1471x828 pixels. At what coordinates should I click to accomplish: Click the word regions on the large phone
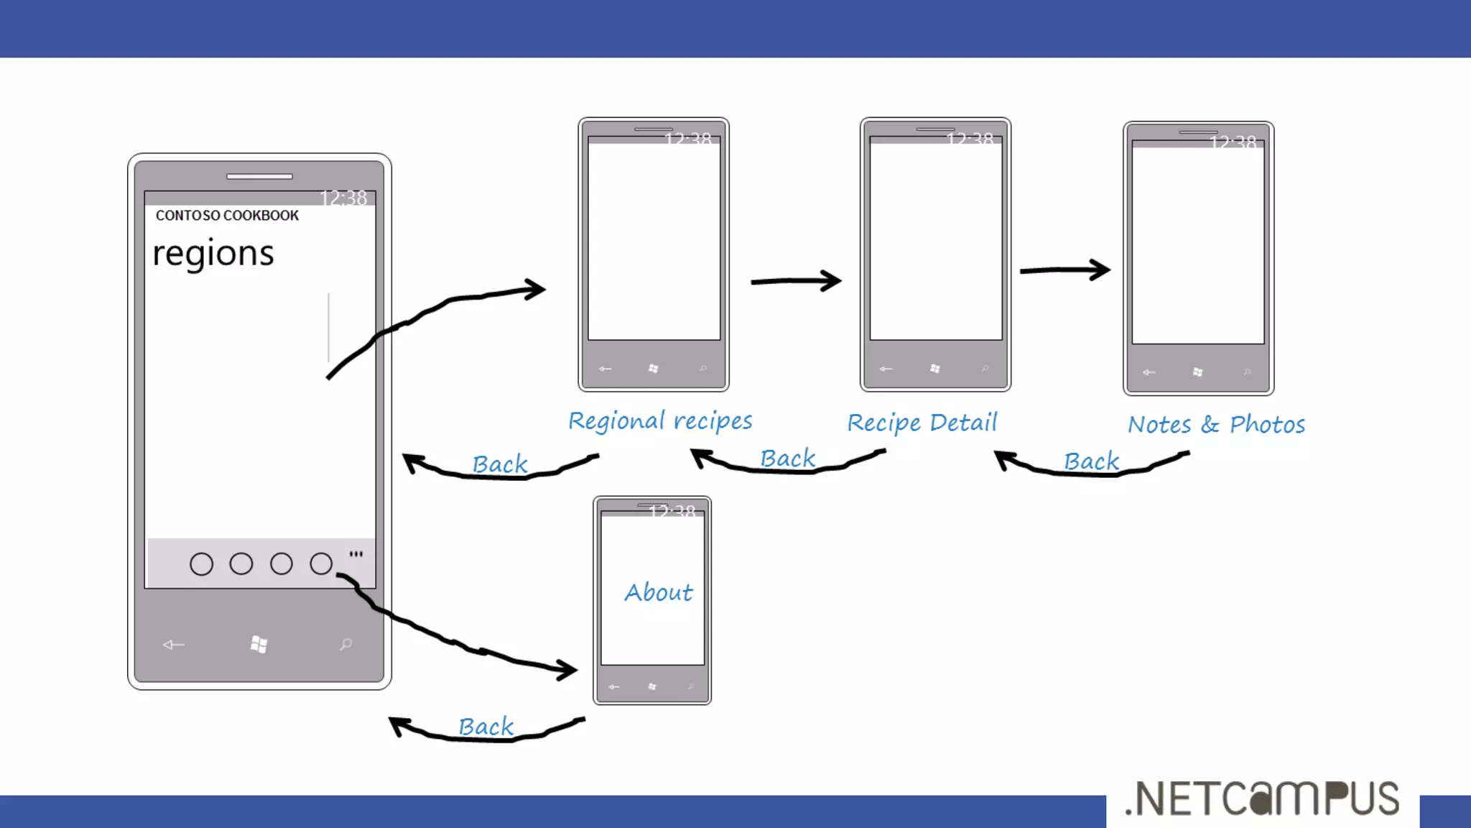(213, 254)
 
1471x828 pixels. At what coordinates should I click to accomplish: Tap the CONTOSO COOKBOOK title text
(227, 216)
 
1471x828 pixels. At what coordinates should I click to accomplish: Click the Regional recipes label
(660, 421)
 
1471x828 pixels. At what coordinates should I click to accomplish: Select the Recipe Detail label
(922, 423)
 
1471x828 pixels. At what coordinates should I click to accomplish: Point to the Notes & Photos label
(1216, 425)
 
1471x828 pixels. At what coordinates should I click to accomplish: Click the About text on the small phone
(659, 592)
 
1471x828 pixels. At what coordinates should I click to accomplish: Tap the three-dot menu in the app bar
(356, 554)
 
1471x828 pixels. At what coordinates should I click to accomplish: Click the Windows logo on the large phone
(259, 644)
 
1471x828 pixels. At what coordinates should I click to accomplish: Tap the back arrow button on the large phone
(173, 645)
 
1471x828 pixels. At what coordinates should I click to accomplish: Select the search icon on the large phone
(346, 644)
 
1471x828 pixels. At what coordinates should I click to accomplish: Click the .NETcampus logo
(1262, 799)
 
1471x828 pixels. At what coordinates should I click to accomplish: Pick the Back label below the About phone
(486, 727)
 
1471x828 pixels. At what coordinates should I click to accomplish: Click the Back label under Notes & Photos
(1091, 461)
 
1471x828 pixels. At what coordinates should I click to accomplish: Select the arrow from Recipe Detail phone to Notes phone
(1065, 270)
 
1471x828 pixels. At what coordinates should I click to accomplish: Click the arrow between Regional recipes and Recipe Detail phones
(796, 281)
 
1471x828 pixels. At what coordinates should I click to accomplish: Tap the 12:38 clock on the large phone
(343, 198)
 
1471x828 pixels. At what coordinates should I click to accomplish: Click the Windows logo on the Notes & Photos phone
(1197, 372)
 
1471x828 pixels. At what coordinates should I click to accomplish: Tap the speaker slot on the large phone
(259, 176)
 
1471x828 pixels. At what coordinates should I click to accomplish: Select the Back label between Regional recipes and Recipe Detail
(788, 459)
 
